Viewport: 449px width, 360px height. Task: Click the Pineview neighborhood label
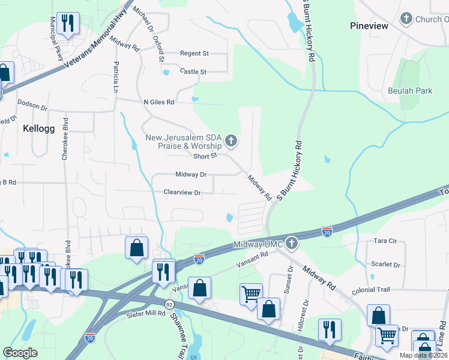(x=369, y=26)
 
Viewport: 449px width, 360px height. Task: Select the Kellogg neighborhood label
(x=39, y=128)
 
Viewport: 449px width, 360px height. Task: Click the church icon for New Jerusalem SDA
(x=231, y=142)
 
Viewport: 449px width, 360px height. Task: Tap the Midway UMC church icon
(x=291, y=243)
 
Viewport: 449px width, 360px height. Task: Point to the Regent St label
(x=194, y=53)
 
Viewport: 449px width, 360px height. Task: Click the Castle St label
(x=193, y=71)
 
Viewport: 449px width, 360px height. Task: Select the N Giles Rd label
(x=158, y=102)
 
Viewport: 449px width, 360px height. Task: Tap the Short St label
(x=205, y=156)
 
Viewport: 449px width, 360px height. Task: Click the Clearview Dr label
(x=182, y=193)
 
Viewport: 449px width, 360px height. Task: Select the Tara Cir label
(x=386, y=241)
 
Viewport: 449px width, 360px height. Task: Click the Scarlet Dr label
(x=386, y=264)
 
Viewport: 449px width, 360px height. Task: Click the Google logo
(x=20, y=353)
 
